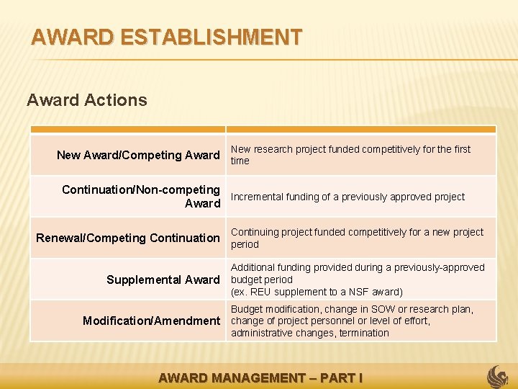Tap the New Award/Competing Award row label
137,155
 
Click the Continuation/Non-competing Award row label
141,197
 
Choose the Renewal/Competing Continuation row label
128,238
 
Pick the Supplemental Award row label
163,280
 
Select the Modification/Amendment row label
151,321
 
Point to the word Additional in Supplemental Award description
253,267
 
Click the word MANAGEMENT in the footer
255,377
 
